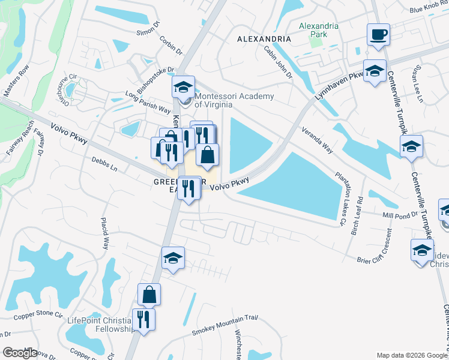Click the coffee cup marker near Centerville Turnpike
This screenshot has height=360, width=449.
click(378, 35)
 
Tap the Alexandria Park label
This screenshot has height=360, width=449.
click(319, 31)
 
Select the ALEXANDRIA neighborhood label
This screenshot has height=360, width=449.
click(264, 38)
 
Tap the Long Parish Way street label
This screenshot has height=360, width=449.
click(148, 101)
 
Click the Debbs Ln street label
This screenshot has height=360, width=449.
click(104, 164)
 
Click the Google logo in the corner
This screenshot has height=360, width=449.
click(20, 353)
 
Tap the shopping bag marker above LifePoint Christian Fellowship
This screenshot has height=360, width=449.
click(149, 295)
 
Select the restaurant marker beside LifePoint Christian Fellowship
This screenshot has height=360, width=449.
click(143, 319)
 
